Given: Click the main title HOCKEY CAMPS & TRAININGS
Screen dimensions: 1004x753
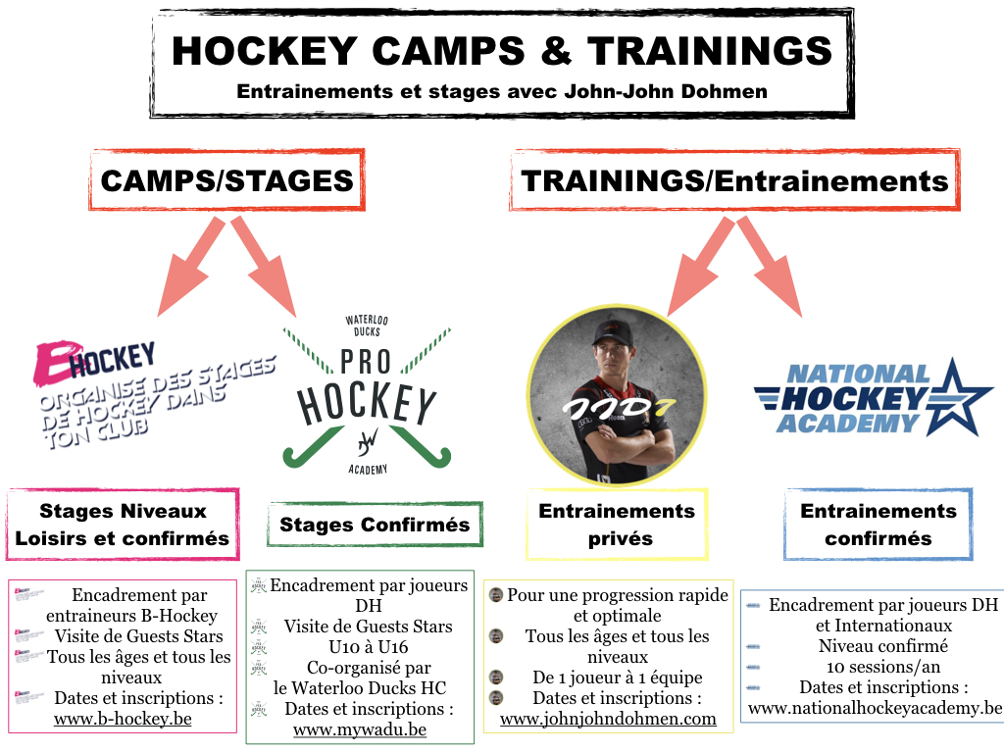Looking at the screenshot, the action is [x=502, y=51].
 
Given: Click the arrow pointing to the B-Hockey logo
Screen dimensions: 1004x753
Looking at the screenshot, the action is [x=191, y=267].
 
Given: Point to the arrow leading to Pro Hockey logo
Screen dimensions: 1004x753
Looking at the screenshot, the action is [x=264, y=267].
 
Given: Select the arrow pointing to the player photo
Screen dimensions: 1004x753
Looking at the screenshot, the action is [x=700, y=267].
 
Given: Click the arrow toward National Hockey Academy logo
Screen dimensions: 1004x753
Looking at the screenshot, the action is [x=770, y=267].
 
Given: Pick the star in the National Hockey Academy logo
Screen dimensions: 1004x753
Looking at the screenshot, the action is [x=954, y=398].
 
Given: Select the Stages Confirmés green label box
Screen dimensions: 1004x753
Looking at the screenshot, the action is [x=375, y=525].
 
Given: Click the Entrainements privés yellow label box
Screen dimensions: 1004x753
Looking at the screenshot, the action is [x=617, y=525].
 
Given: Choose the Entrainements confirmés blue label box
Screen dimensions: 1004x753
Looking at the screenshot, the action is [x=878, y=525].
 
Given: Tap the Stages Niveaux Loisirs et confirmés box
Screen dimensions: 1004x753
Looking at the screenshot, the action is [x=123, y=525].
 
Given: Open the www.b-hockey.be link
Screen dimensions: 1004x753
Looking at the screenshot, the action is [x=123, y=719].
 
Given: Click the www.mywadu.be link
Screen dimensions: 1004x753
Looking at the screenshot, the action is [x=360, y=729].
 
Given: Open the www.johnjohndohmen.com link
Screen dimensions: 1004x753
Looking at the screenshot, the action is [x=608, y=719].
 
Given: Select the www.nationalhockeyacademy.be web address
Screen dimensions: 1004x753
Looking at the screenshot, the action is [x=875, y=708].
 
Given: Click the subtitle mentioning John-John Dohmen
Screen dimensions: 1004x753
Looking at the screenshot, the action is [x=502, y=91].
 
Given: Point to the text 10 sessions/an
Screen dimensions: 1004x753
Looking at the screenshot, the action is [x=883, y=667].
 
